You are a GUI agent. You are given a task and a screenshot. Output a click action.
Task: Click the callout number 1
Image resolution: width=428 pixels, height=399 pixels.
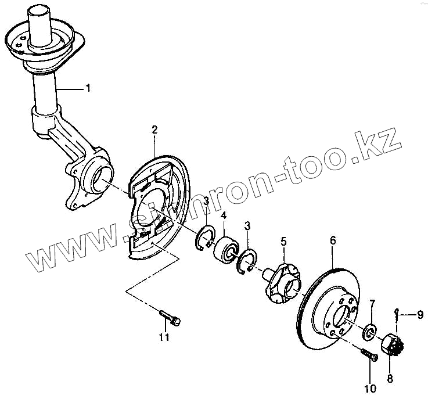pos(88,89)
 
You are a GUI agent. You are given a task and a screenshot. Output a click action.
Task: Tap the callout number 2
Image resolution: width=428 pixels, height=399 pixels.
pos(154,130)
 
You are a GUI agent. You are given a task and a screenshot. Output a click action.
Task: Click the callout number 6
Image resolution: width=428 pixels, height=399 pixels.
pos(333,240)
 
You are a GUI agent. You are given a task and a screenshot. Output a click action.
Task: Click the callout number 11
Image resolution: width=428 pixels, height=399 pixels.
pos(164,337)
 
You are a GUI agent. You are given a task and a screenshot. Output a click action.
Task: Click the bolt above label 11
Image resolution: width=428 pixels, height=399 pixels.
pos(170,317)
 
